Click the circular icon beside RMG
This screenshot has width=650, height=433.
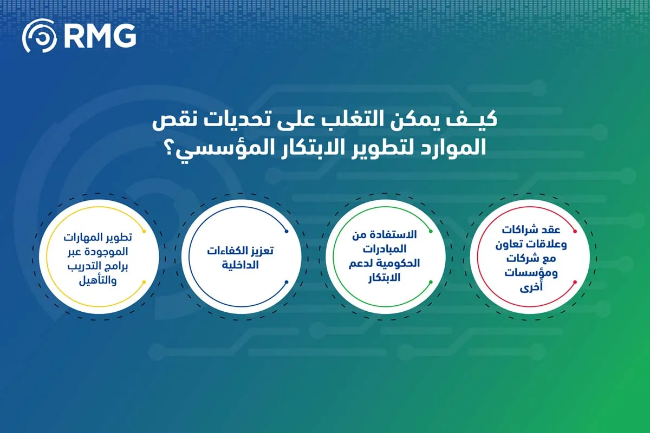39,36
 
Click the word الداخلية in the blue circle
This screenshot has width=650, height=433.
242,265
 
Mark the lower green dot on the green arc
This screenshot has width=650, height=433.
431,281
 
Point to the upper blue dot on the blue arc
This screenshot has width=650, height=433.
285,231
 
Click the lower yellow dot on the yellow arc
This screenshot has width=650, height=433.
142,281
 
